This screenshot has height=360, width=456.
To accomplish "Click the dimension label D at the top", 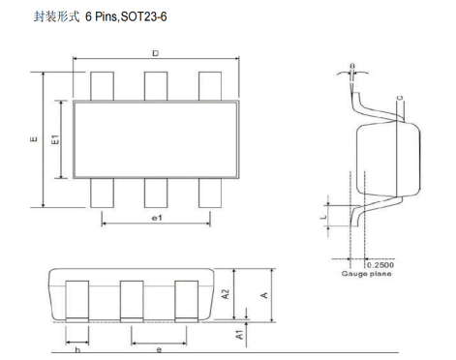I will pos(155,54).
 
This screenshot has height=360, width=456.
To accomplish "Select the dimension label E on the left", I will pos(35,140).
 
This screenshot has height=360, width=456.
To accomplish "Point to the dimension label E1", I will pos(55,140).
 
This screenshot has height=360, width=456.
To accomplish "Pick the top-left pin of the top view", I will pos(103,86).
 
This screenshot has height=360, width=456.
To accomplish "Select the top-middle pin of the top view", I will pos(157,86).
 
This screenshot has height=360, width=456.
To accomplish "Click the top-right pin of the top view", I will pos(211,86).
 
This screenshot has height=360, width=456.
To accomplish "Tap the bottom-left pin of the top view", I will pos(103,194).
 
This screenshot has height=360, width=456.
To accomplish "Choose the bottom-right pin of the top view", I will pos(211,194).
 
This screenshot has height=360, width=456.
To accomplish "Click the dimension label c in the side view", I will pos(399,99).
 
